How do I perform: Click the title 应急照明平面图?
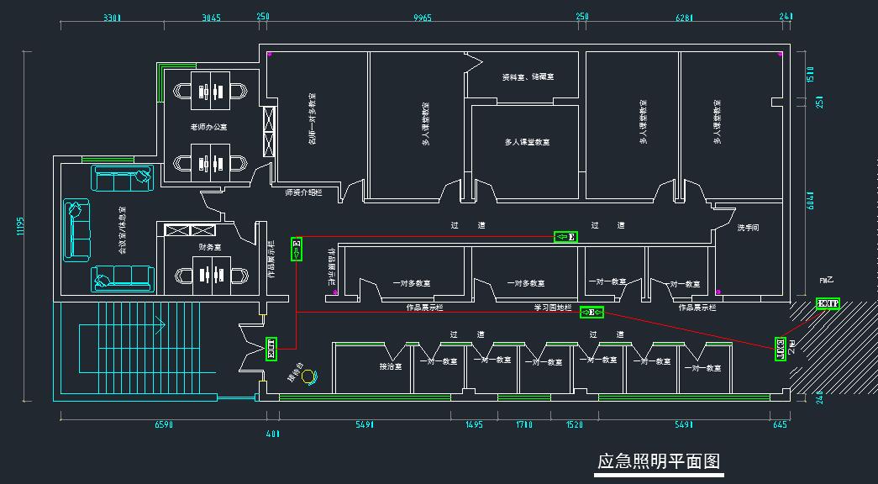[x=659, y=461]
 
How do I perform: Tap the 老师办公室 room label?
[x=208, y=127]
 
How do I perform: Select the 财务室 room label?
[x=209, y=247]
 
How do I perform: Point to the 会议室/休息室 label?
[x=122, y=230]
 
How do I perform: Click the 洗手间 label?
[x=747, y=228]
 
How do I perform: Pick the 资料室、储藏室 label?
[x=528, y=77]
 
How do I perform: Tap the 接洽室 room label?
[x=391, y=367]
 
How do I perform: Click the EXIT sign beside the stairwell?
[x=271, y=349]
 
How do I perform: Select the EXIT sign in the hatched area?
[x=828, y=303]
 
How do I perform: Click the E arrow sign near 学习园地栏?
[x=592, y=313]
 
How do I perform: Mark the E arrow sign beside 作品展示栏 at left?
[x=296, y=249]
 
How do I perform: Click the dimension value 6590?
[x=164, y=425]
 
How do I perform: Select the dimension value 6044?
[x=810, y=199]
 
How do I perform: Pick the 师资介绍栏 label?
[x=303, y=192]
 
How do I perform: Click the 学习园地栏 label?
[x=552, y=308]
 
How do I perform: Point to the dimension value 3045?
[x=212, y=17]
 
